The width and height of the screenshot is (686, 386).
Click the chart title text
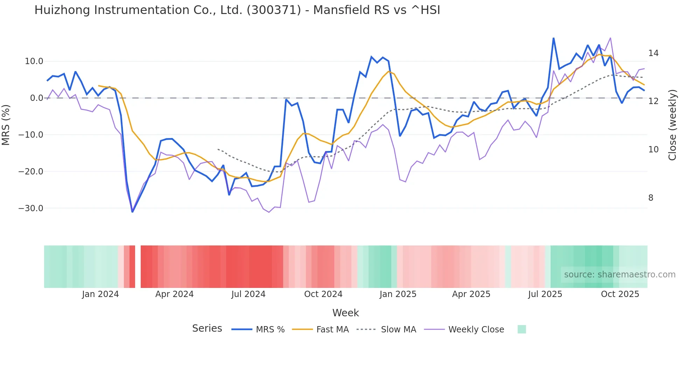tap(237, 10)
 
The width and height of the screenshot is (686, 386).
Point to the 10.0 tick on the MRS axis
tap(34, 61)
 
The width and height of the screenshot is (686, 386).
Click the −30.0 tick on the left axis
tap(31, 208)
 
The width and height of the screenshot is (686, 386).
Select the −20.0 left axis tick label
tap(31, 172)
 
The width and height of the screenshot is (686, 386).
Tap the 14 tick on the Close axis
tap(653, 53)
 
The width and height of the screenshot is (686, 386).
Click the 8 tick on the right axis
tap(651, 198)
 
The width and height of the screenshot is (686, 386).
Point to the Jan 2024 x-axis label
tap(100, 294)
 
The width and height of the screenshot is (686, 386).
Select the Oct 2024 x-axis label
tap(323, 294)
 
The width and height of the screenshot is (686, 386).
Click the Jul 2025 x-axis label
tap(545, 294)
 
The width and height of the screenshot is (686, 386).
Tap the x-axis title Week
tap(345, 313)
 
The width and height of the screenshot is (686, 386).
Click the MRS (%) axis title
tap(6, 125)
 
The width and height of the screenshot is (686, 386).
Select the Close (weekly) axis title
tap(672, 125)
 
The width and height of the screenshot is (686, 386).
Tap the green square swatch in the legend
tap(521, 329)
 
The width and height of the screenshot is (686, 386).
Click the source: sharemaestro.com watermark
tap(619, 275)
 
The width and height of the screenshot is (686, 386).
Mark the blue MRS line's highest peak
tap(553, 38)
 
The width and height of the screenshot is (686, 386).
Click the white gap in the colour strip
tap(138, 267)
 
